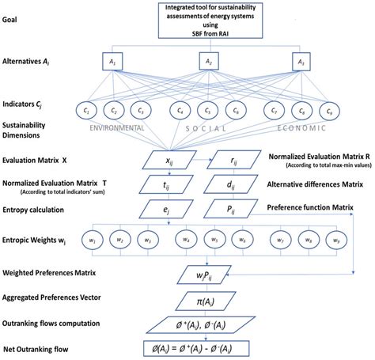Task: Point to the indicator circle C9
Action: point(325,110)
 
